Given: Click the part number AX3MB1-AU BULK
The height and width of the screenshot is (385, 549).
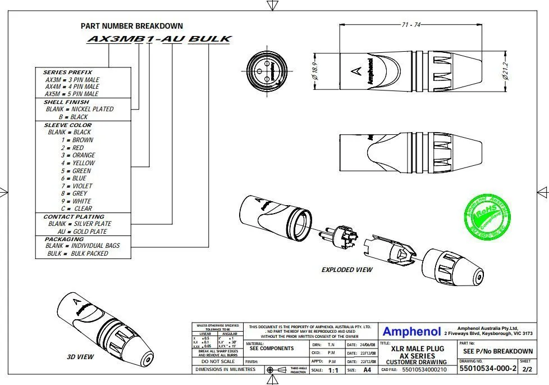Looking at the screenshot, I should point(159,39).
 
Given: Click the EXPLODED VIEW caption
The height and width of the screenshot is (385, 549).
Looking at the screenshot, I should point(346,270).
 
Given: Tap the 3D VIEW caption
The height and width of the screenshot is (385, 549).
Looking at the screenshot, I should point(80,356).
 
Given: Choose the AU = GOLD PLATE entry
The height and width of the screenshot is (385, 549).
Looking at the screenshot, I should point(82,232).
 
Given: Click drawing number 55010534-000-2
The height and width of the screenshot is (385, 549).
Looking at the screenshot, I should point(487,369).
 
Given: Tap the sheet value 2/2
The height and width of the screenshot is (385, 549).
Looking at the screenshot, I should point(527,370).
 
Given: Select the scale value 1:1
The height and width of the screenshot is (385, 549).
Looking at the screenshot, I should point(333,370).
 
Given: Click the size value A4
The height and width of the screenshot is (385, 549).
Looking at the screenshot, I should point(367,370).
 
